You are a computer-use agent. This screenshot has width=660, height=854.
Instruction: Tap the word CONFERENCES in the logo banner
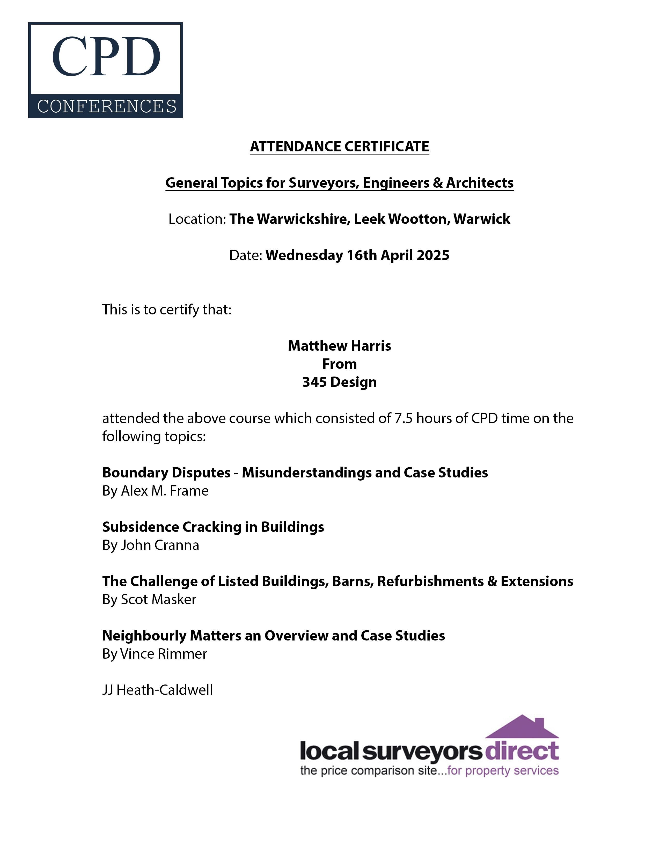[x=107, y=106]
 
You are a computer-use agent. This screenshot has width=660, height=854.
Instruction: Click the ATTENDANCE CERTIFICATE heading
[x=339, y=147]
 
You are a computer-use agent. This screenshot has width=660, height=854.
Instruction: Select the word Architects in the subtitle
[x=480, y=183]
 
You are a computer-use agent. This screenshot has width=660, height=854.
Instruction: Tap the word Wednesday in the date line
[x=304, y=255]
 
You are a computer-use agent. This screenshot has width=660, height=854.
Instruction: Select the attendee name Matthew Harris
[x=339, y=346]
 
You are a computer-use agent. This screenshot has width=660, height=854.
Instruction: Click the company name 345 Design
[x=339, y=382]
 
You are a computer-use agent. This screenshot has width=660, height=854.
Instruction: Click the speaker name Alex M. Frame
[x=165, y=491]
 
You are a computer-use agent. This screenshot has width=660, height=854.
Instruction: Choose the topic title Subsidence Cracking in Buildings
[x=213, y=527]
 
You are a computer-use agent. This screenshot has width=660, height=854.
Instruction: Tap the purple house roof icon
[x=522, y=728]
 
